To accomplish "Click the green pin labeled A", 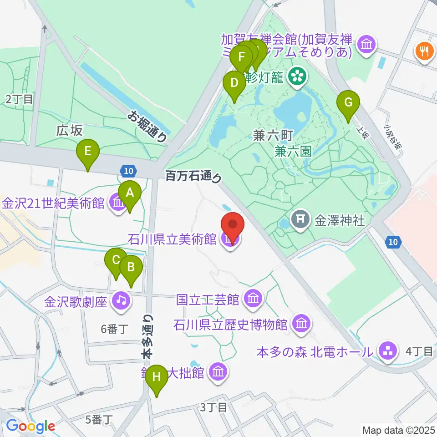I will coord(130,193).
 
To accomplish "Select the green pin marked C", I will coord(116,261).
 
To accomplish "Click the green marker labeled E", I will coord(88,151).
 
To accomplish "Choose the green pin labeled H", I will coord(157,377).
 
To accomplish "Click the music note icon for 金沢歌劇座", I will coord(121,300).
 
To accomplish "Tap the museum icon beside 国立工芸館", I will coord(252,299).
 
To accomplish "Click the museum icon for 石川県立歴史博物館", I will coord(301,324).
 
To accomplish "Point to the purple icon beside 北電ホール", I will coord(387,351).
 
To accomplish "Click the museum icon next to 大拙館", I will coord(218,372).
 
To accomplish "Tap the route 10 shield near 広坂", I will coord(129,171).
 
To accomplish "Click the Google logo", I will coord(30,426).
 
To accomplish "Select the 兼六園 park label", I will coord(293,151).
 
